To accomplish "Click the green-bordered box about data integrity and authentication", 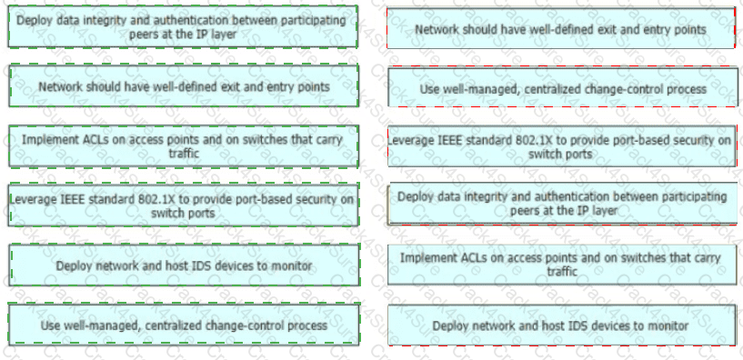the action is point(183,26).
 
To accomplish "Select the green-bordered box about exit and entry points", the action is point(184,85).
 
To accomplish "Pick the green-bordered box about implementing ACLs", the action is point(184,146).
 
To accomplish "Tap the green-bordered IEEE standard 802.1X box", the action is point(184,205).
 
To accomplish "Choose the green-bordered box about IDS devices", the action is point(184,265).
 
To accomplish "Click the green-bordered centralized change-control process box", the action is point(184,325).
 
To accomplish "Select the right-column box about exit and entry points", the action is point(561,28).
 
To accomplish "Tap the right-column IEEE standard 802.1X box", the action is point(562,145).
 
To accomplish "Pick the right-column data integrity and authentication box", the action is point(562,204).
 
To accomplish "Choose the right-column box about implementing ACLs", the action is point(562,265).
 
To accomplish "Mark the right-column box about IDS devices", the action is point(562,325).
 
